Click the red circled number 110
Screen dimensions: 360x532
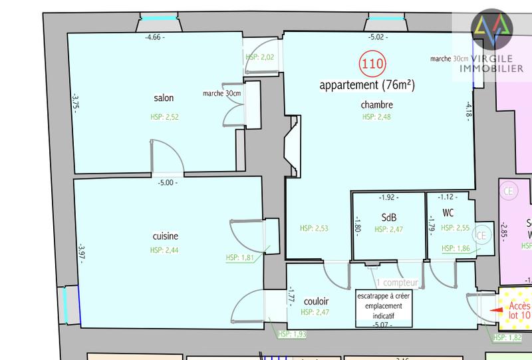point(370,65)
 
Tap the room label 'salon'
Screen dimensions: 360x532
point(163,98)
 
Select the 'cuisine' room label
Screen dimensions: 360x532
point(164,236)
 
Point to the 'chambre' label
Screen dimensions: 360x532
point(377,104)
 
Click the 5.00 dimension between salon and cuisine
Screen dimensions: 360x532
point(167,182)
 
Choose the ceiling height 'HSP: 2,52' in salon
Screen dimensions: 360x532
point(164,117)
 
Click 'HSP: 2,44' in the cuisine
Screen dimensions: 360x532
point(164,250)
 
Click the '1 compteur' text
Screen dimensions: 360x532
point(396,282)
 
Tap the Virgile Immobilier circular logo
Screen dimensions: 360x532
point(491,26)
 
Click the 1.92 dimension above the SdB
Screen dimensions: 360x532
point(387,198)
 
